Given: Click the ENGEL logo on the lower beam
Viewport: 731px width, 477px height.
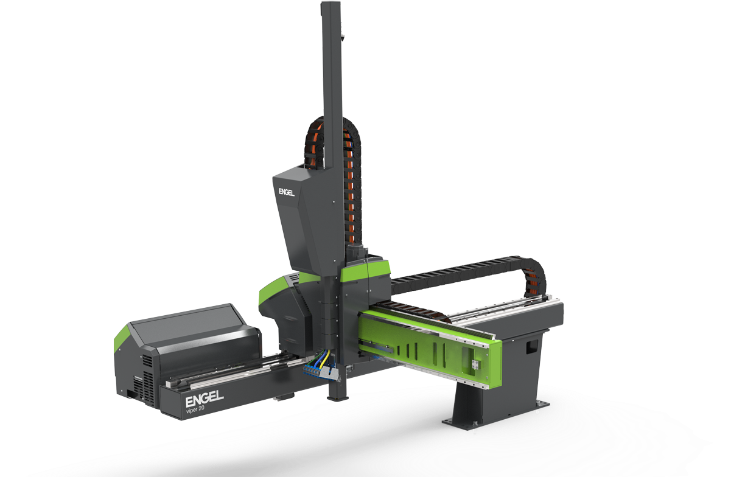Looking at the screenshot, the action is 205,399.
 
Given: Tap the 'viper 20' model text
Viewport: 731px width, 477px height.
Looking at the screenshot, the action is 195,409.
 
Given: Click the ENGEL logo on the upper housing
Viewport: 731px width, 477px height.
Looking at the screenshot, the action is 287,192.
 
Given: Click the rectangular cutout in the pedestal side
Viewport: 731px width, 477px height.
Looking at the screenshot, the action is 532,347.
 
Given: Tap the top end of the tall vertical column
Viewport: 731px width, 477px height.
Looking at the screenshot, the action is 331,4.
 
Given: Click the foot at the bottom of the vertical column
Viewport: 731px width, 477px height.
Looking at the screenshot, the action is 338,398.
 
